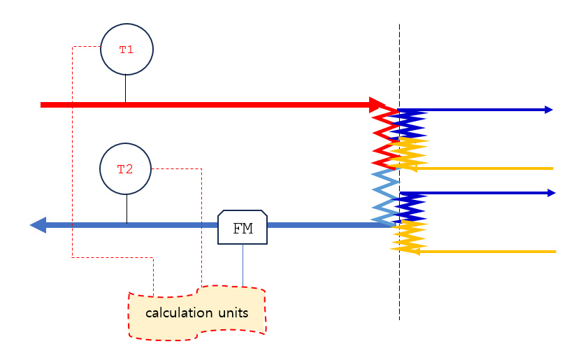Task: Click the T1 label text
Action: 127,50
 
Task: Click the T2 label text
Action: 125,169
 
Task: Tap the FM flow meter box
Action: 243,227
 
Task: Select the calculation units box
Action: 197,313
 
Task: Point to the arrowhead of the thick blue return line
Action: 38,225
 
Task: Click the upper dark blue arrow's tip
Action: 552,110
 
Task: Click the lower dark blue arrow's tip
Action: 555,193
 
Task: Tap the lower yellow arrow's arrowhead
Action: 414,252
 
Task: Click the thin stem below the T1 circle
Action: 125,88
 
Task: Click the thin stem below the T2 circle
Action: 127,208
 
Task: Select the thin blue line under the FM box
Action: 243,265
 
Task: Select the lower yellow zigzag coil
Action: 409,237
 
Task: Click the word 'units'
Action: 233,313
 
